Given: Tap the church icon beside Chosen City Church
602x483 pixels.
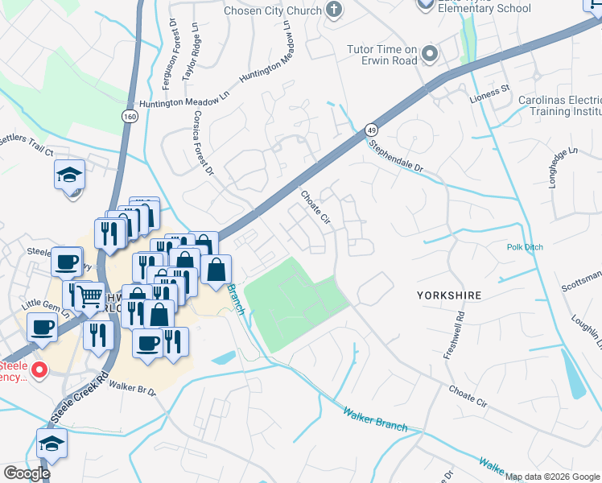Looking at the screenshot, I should click(x=335, y=10).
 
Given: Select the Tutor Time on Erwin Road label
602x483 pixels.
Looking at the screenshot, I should click(x=381, y=55).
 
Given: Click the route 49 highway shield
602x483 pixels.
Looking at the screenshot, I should click(x=371, y=129).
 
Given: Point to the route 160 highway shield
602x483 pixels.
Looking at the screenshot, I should click(x=130, y=117).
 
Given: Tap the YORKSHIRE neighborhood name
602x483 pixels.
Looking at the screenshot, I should click(x=449, y=295).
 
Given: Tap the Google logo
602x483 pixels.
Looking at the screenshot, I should click(x=27, y=473).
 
